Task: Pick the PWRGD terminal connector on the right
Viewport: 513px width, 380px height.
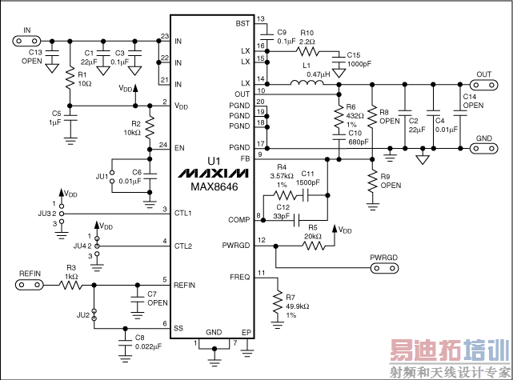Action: (383, 267)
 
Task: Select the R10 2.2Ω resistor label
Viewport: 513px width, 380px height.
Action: (307, 37)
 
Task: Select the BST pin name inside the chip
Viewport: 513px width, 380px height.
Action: (243, 24)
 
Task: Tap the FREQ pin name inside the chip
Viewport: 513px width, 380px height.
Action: (240, 276)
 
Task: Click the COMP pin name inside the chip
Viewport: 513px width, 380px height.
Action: (238, 219)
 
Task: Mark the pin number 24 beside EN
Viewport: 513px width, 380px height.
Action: (162, 145)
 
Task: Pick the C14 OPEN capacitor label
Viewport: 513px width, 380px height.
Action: (474, 101)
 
